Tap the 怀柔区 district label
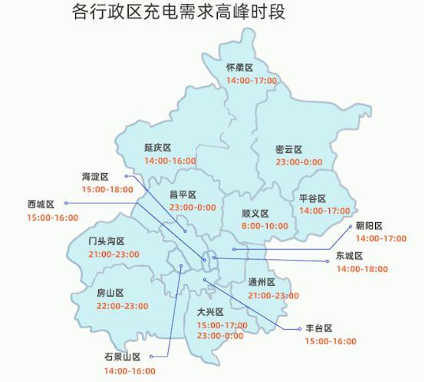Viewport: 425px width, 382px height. tap(239, 68)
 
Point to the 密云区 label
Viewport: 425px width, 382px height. tap(288, 149)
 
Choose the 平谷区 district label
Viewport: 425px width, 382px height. tap(312, 198)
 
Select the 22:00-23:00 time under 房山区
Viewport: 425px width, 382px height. tap(122, 306)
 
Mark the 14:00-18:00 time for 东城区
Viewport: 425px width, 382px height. tap(362, 269)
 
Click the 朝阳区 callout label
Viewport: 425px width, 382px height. tap(368, 226)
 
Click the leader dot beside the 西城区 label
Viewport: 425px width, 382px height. tap(65, 204)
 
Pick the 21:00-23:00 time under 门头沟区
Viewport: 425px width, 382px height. tap(114, 254)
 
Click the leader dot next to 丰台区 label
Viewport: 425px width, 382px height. tap(300, 329)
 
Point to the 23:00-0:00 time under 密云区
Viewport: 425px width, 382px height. tap(298, 162)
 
